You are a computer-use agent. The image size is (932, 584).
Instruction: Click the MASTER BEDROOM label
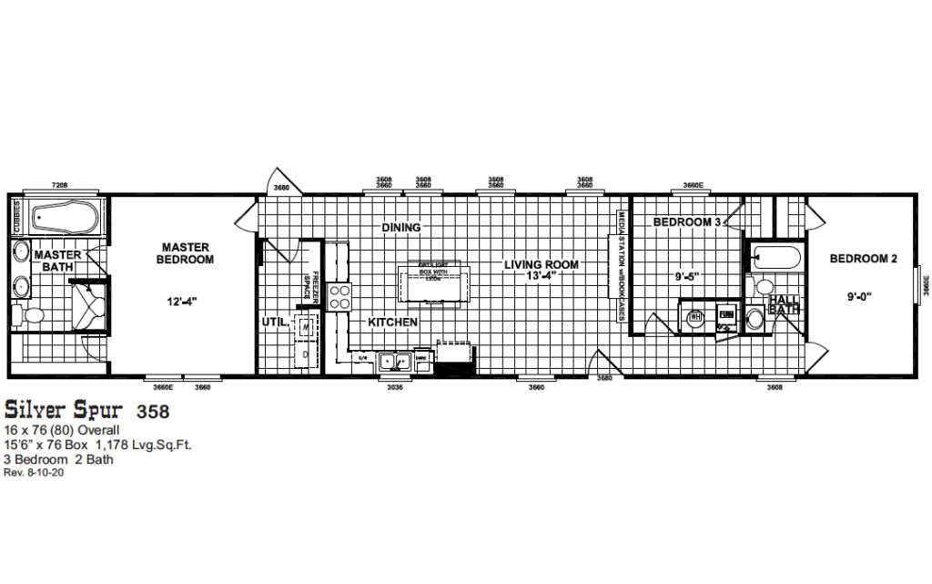click(187, 253)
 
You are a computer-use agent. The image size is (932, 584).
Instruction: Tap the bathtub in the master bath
click(58, 217)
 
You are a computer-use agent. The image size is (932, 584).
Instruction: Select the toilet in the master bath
click(33, 316)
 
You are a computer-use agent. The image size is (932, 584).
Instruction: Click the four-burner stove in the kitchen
click(339, 297)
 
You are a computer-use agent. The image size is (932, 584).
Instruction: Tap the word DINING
click(400, 227)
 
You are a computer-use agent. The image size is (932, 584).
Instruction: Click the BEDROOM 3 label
click(686, 222)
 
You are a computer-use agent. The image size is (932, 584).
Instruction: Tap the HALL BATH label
click(783, 304)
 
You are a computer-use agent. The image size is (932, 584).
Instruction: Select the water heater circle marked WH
click(695, 319)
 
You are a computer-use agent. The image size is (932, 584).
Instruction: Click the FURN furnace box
click(726, 315)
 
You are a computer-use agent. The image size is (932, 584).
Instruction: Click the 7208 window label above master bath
click(59, 185)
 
